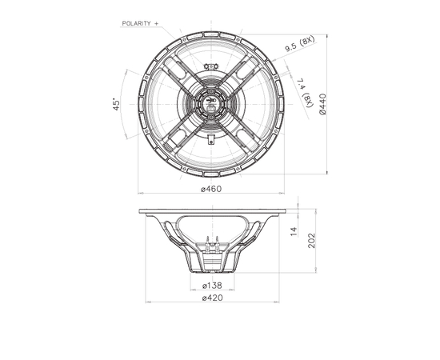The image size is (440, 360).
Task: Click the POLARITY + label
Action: pyautogui.click(x=140, y=23)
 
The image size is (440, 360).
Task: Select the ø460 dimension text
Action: pyautogui.click(x=211, y=189)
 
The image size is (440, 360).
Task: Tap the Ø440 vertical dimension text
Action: pyautogui.click(x=323, y=104)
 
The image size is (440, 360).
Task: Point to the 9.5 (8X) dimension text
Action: pyautogui.click(x=300, y=44)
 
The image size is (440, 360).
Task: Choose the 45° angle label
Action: pyautogui.click(x=117, y=104)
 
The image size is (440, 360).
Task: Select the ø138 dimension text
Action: pyautogui.click(x=212, y=286)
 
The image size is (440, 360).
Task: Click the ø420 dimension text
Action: pyautogui.click(x=213, y=298)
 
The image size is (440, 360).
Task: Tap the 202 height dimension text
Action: pyautogui.click(x=311, y=241)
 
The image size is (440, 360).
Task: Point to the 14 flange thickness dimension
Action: pyautogui.click(x=294, y=231)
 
